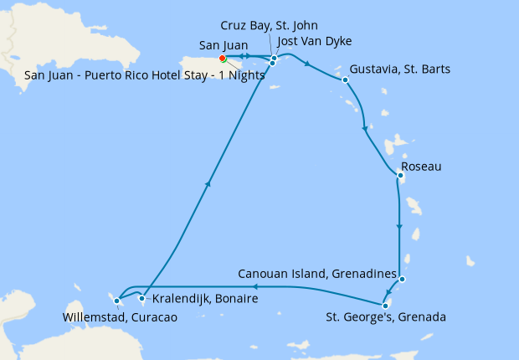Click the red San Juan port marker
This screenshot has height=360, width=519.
click(222, 58)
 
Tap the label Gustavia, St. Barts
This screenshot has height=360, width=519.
click(400, 69)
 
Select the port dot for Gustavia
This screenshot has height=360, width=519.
click(345, 80)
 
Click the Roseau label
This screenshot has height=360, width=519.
click(421, 167)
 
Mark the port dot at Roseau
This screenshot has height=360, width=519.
click(401, 175)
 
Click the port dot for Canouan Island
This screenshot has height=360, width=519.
click(403, 280)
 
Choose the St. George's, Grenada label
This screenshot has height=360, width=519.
click(385, 317)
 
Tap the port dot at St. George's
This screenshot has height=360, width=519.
click(384, 304)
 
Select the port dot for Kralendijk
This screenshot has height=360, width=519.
click(142, 298)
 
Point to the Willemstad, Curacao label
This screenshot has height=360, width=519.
click(120, 317)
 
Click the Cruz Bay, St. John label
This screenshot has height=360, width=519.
click(269, 25)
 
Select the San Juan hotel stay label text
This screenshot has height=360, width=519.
click(145, 75)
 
